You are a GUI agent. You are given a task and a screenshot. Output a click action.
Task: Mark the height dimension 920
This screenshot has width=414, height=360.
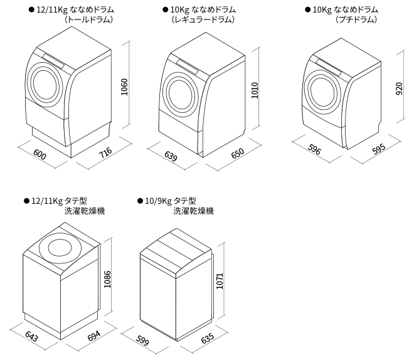tap(400, 90)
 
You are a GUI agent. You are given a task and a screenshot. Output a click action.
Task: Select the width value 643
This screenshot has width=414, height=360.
tap(31, 337)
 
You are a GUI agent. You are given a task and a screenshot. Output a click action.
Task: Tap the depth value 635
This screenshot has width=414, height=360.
tap(207, 339)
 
